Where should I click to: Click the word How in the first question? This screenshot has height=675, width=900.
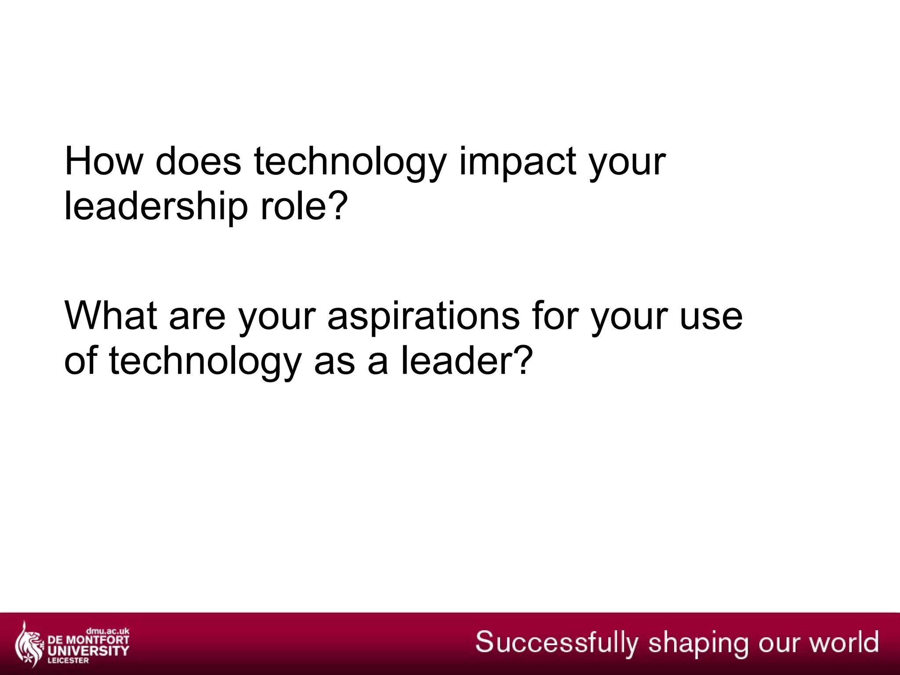click(104, 161)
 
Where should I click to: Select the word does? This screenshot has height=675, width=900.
click(198, 161)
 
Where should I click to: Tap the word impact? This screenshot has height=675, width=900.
click(518, 161)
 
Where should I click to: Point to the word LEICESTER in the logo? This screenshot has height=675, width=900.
click(70, 660)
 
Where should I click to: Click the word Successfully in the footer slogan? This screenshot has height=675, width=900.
click(556, 642)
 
